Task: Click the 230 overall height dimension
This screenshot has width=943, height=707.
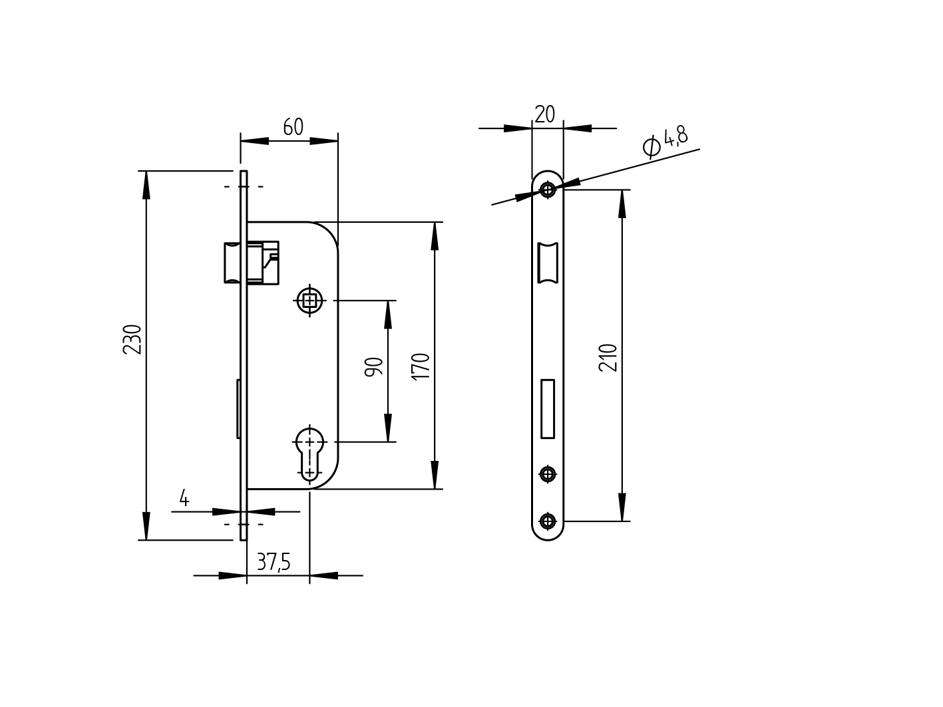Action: pyautogui.click(x=132, y=339)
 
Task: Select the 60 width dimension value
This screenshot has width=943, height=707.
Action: pyautogui.click(x=293, y=127)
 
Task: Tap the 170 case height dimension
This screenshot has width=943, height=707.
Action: pyautogui.click(x=421, y=366)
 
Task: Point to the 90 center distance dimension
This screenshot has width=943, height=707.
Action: pyautogui.click(x=374, y=367)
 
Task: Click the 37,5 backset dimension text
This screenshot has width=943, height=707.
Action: pyautogui.click(x=274, y=563)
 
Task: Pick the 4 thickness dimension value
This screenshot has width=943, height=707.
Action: pyautogui.click(x=184, y=498)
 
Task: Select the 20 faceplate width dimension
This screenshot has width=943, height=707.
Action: pyautogui.click(x=544, y=114)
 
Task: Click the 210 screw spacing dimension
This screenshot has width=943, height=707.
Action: pyautogui.click(x=608, y=357)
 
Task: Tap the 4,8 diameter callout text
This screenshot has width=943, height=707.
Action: pyautogui.click(x=675, y=136)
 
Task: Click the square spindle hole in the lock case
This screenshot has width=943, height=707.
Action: pyautogui.click(x=309, y=301)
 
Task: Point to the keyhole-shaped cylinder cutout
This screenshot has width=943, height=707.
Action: pyautogui.click(x=309, y=452)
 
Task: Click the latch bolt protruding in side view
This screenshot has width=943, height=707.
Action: pyautogui.click(x=232, y=263)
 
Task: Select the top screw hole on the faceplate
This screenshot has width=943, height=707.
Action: pyautogui.click(x=548, y=190)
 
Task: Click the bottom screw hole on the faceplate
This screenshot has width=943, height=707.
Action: pyautogui.click(x=548, y=521)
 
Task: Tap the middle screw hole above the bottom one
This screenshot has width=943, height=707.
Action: pyautogui.click(x=548, y=474)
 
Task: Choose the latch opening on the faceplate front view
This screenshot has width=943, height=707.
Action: pyautogui.click(x=548, y=263)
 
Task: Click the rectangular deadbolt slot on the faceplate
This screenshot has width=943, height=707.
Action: pyautogui.click(x=548, y=408)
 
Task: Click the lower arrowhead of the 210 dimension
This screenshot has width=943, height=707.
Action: pyautogui.click(x=622, y=508)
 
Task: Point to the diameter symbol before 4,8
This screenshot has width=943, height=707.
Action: pyautogui.click(x=652, y=146)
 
